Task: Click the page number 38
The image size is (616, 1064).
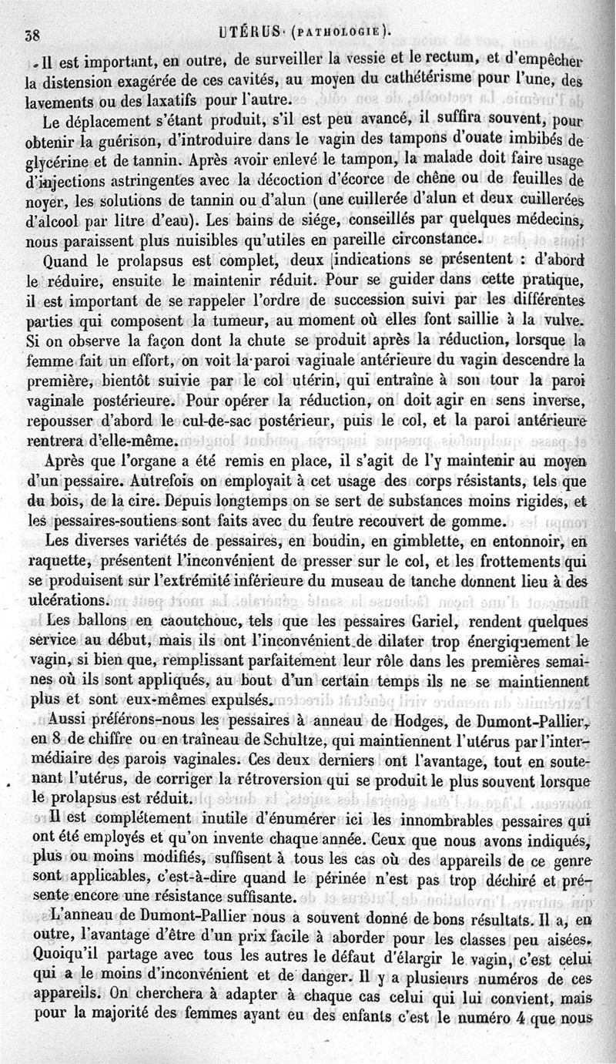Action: tap(32, 33)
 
